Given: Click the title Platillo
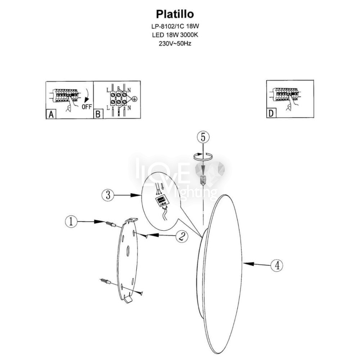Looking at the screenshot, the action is [x=175, y=14].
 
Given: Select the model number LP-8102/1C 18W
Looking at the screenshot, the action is [x=175, y=26].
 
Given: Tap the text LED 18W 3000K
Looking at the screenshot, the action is [x=175, y=35].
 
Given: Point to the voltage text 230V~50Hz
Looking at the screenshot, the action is [x=175, y=44].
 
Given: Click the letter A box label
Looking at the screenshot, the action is [x=51, y=114].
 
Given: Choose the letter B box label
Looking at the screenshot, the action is [x=98, y=114].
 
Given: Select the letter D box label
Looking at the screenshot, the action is [x=271, y=113].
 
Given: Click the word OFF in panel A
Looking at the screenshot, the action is [x=86, y=107].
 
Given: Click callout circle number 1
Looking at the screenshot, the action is [x=71, y=221].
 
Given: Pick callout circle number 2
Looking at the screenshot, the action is [x=182, y=236].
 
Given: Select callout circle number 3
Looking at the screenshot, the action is [x=108, y=195].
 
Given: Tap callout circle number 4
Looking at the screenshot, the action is [x=277, y=265].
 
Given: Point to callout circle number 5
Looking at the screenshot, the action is [x=203, y=137].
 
